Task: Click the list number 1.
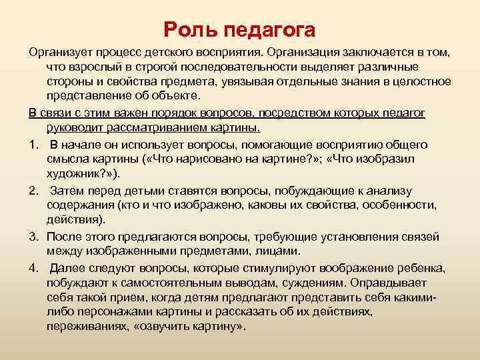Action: click(33, 145)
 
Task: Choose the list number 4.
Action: click(33, 267)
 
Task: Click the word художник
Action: click(74, 173)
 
